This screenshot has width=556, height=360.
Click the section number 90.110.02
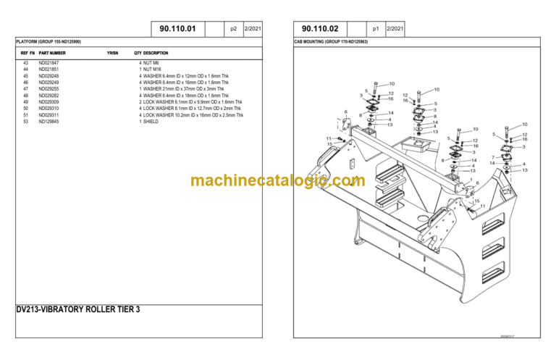click(320, 29)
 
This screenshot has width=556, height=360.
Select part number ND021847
click(49, 64)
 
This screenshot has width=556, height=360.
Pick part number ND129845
click(49, 122)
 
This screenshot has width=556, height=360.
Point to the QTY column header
click(138, 53)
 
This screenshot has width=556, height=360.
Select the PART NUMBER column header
click(52, 53)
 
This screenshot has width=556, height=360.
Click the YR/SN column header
click(112, 53)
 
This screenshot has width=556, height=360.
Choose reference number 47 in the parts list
click(25, 89)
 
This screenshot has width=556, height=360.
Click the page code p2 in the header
click(233, 29)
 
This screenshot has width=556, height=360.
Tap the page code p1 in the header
click(375, 29)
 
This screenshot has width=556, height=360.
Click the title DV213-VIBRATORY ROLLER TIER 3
click(77, 309)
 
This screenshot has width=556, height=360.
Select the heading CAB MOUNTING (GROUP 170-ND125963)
click(330, 43)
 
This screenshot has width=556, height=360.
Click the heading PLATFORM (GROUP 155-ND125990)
click(49, 43)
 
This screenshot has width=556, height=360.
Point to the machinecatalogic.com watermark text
click(278, 180)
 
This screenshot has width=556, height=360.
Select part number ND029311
click(49, 115)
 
